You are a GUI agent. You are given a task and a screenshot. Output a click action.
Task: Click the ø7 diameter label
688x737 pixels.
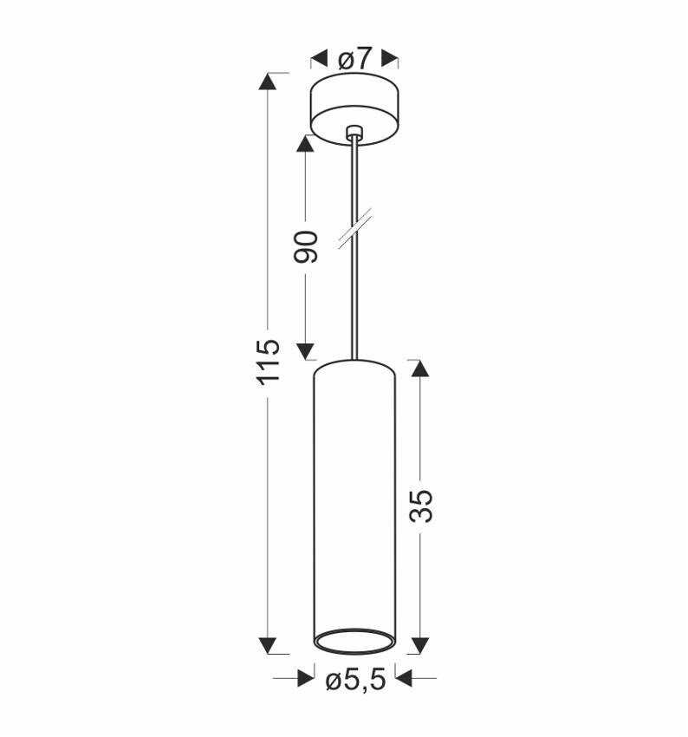[x=354, y=59]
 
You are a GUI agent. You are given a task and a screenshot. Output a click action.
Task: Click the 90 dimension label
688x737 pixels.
[x=305, y=247]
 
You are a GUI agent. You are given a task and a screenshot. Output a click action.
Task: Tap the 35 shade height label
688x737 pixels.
[x=420, y=505]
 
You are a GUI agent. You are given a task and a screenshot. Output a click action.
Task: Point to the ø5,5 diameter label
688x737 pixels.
[x=354, y=681]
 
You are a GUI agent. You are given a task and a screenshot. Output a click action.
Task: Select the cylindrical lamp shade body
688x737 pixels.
[x=354, y=494]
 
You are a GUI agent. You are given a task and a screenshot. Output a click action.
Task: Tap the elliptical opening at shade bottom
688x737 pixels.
[x=354, y=641]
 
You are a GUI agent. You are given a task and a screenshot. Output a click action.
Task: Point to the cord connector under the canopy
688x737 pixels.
[x=354, y=134]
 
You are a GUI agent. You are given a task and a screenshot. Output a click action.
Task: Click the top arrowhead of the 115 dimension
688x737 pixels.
[x=269, y=82]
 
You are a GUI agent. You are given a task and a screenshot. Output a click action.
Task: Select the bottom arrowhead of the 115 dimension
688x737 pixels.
[x=269, y=644]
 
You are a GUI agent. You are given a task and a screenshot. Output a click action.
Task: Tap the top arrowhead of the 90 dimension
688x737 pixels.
[x=305, y=143]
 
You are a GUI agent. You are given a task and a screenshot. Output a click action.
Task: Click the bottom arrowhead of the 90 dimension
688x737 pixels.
[x=305, y=350]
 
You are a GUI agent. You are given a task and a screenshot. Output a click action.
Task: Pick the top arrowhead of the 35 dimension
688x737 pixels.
[x=420, y=368]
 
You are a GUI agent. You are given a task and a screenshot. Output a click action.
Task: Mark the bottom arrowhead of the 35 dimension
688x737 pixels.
[x=420, y=644]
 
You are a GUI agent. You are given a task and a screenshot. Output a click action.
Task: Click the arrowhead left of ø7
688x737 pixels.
[x=318, y=59]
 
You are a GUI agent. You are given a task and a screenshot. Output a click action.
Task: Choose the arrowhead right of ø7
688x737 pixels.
[x=390, y=59]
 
